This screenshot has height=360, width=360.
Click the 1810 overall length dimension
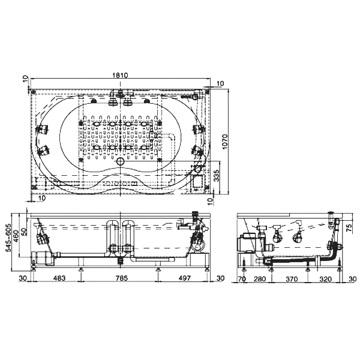pos(120,75)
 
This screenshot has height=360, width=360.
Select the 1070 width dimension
pos(224,142)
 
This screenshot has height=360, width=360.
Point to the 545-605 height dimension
pos(9,238)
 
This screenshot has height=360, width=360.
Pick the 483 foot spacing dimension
pos(59,278)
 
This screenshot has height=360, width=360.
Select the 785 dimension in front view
pos(121,278)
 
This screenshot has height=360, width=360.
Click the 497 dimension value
pos(185,278)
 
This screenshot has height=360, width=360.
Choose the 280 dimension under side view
pos(260,279)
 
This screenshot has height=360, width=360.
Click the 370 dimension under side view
pos(292,279)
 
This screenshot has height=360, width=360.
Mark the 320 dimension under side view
pos(326,279)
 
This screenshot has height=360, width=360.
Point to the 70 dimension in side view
pos(242,279)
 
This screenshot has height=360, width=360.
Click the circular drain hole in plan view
pos(120,161)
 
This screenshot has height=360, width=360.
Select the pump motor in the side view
pos(246,242)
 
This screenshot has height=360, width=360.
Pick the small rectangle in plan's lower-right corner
pos(197,181)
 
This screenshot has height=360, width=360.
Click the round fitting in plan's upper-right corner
pos(196,97)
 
